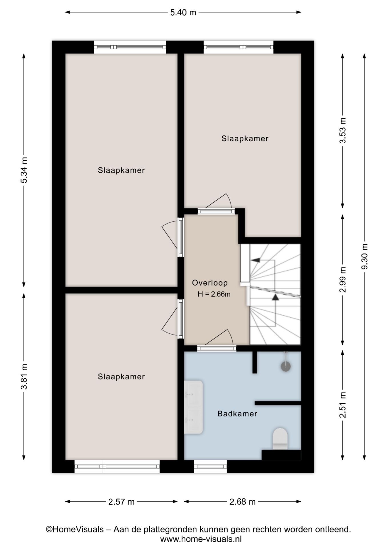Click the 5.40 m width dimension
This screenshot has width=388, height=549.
click(x=183, y=12)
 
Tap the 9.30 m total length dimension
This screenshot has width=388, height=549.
click(x=364, y=256)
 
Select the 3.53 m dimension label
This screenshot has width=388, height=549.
click(x=343, y=130)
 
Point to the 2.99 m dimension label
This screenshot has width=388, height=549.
click(x=343, y=279)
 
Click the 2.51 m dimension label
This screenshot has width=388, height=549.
click(x=343, y=405)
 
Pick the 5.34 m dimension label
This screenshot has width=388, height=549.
click(x=24, y=170)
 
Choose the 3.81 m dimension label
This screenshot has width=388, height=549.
click(x=24, y=376)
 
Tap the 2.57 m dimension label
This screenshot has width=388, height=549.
click(x=121, y=502)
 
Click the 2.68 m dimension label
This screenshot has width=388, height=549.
click(x=242, y=502)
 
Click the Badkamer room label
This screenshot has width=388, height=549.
click(x=237, y=413)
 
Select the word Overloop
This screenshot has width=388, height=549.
click(x=210, y=283)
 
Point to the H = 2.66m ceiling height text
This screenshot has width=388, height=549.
click(x=214, y=294)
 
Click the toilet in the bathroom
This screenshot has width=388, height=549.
click(x=280, y=438)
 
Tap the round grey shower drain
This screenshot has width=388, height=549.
click(x=285, y=366)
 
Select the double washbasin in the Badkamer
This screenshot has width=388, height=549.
click(x=193, y=407)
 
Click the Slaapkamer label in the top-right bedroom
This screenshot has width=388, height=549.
click(x=245, y=139)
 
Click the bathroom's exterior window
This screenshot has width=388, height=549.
click(x=211, y=466)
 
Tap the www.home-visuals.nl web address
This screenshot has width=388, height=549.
click(x=201, y=539)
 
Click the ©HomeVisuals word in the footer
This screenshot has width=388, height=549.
click(x=75, y=529)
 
